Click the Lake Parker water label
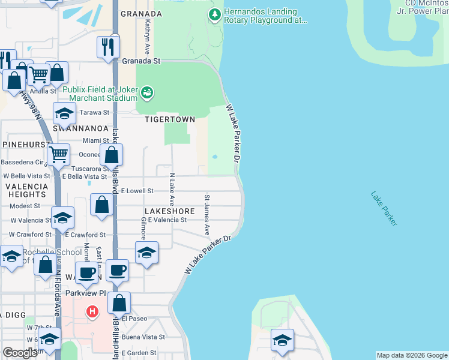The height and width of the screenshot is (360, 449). click(384, 208)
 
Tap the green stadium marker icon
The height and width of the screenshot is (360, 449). click(147, 92)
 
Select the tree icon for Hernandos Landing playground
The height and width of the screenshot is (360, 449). click(213, 14)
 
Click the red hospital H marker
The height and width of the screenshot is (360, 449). click(92, 312)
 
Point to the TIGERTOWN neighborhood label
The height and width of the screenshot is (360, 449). click(170, 119)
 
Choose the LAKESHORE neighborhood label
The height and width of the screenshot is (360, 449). click(169, 211)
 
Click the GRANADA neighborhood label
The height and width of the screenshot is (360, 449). click(141, 13)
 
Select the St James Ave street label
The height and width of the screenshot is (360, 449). click(207, 214)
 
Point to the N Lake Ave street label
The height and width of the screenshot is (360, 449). click(172, 190)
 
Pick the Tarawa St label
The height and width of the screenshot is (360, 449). click(95, 112)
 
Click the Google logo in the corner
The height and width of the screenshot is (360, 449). click(20, 352)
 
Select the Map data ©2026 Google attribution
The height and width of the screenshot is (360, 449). click(412, 355)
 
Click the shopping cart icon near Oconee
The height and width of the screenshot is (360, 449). click(59, 154)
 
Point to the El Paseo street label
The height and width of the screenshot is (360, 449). click(134, 319)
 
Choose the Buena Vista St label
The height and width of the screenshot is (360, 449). click(143, 337)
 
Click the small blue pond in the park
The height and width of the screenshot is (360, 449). click(214, 158)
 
